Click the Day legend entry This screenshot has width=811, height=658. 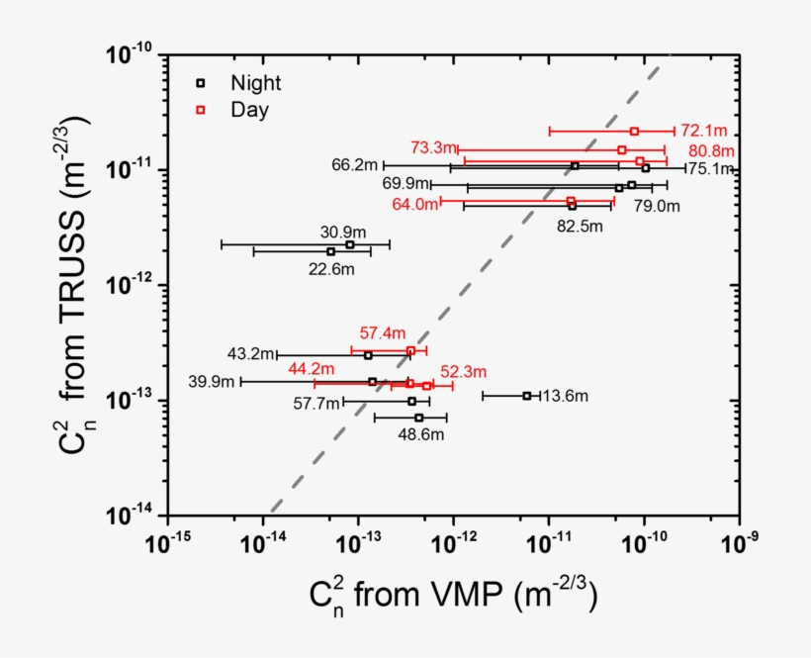click(235, 110)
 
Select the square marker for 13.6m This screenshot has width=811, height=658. click(526, 396)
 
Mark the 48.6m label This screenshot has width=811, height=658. click(421, 434)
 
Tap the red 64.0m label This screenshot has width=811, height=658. click(414, 205)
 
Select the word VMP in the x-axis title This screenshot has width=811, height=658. click(477, 594)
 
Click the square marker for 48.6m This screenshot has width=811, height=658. click(419, 418)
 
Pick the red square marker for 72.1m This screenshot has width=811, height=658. click(635, 131)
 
